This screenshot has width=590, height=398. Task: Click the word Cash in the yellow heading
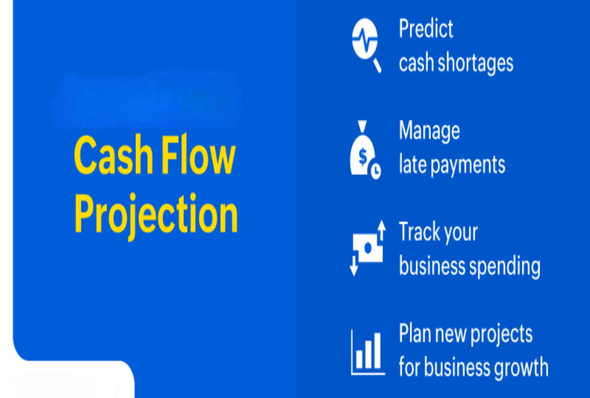click(x=110, y=156)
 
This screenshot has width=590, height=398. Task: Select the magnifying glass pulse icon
click(x=366, y=44)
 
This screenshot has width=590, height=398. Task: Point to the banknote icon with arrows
click(x=367, y=248)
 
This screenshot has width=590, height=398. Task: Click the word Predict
click(x=426, y=28)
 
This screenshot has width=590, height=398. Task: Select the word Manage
click(x=429, y=130)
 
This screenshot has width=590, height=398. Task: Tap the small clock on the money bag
click(x=375, y=172)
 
